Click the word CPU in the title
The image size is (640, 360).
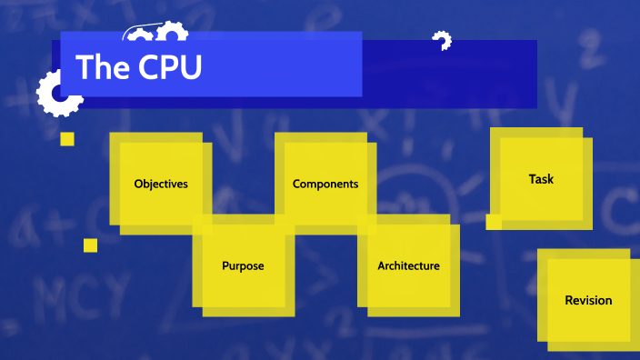170,68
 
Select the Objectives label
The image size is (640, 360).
161,184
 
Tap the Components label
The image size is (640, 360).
325,184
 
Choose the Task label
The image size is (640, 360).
541,179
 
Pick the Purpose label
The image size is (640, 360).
243,266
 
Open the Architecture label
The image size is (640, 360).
408,266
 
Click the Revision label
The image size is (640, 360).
588,300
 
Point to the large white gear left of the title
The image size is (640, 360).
55,94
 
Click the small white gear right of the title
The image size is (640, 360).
442,41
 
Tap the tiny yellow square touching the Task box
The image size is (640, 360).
494,222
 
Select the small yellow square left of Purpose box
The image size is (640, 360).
90,245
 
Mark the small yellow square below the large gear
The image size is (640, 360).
66,139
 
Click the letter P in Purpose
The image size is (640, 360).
225,266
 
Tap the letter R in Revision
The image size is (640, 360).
568,300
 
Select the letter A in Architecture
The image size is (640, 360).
382,266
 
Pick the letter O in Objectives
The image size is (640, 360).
138,184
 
